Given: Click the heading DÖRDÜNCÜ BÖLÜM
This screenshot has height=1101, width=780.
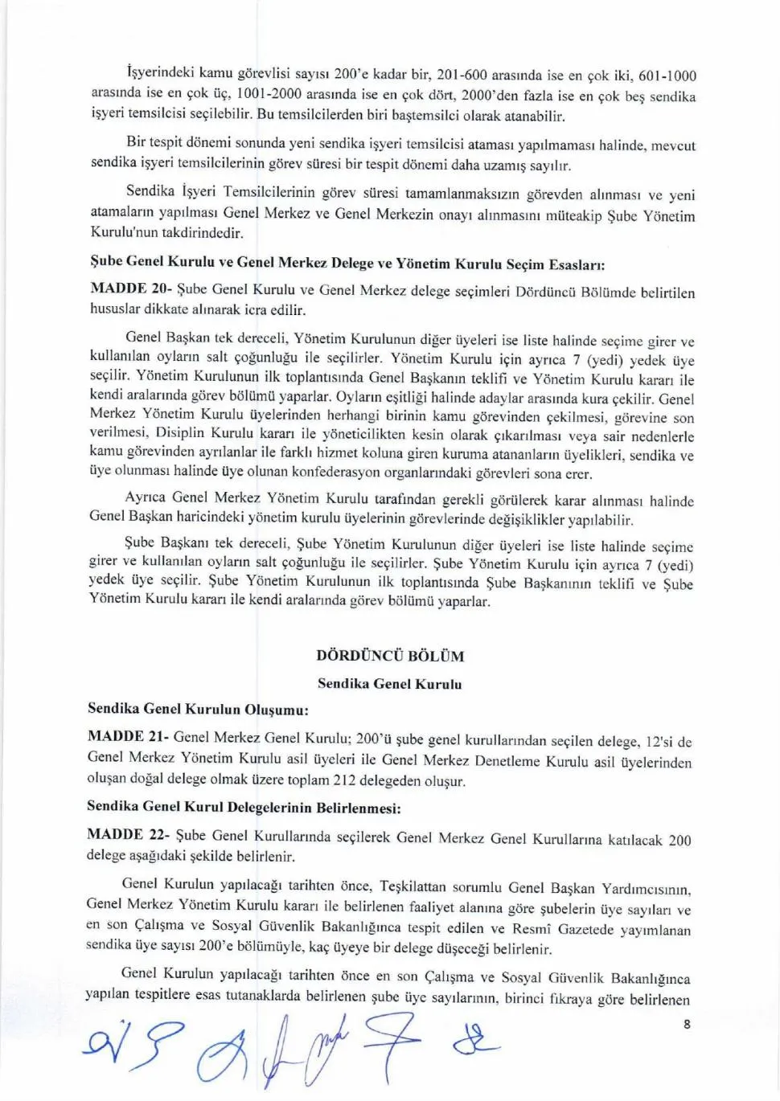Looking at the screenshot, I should pyautogui.click(x=390, y=656).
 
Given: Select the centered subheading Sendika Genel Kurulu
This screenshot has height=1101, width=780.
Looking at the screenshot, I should pyautogui.click(x=390, y=685).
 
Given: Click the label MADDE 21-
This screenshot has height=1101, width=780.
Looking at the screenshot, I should pyautogui.click(x=127, y=736).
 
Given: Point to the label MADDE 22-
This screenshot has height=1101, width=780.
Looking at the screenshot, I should pyautogui.click(x=127, y=834).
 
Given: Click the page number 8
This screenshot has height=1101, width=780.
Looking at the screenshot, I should pyautogui.click(x=686, y=1024).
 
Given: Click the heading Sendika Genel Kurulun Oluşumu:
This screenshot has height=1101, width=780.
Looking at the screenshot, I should pyautogui.click(x=199, y=709).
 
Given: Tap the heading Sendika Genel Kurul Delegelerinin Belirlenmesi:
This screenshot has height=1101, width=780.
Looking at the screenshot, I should pyautogui.click(x=244, y=806).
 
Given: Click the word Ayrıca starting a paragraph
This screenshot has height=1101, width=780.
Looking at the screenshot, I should pyautogui.click(x=147, y=497).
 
